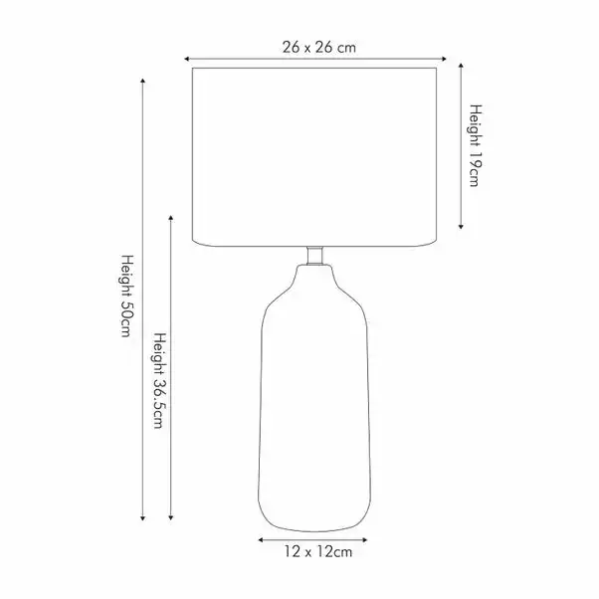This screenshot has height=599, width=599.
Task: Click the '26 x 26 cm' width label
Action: [x=319, y=48]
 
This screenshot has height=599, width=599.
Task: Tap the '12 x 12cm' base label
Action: [x=317, y=552]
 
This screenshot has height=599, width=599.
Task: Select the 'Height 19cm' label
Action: [x=476, y=145]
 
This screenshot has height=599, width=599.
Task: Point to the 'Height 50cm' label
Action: [x=126, y=296]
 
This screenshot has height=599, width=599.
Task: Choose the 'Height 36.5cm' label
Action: [x=160, y=380]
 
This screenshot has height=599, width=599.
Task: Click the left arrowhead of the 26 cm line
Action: [x=187, y=59]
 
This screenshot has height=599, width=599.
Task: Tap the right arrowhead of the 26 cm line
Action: [x=444, y=59]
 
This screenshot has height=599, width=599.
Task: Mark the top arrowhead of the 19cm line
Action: [x=461, y=66]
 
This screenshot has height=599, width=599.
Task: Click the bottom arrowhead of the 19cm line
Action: [x=461, y=226]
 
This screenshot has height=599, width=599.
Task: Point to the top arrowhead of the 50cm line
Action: [x=143, y=81]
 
